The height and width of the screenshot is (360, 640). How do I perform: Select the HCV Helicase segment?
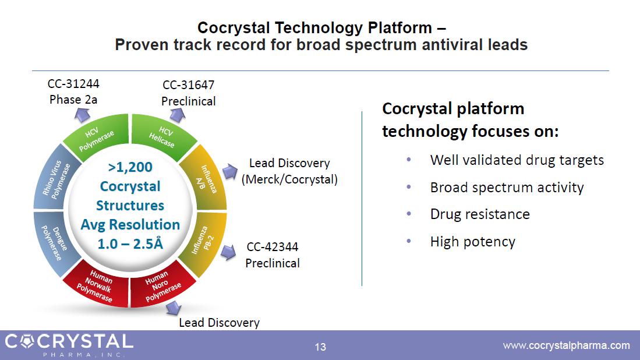(162, 137)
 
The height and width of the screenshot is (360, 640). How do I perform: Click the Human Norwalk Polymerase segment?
(97, 285)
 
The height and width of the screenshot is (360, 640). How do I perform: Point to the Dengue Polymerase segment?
(52, 243)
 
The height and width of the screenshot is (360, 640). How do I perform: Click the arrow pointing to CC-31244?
(82, 115)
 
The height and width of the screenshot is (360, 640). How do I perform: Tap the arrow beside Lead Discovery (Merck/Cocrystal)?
(230, 171)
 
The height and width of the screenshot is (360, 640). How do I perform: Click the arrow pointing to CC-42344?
(228, 252)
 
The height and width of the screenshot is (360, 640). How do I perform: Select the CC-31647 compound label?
(188, 85)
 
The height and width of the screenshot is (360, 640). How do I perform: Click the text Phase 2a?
(73, 100)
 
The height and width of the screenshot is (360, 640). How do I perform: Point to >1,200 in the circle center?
(130, 167)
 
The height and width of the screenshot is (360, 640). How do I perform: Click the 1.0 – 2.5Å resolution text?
(130, 243)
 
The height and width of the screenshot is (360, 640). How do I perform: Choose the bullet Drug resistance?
(480, 214)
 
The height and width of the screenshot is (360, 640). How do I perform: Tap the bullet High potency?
(473, 242)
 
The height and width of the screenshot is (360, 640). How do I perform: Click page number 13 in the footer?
(320, 347)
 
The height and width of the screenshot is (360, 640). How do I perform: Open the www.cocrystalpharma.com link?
(567, 345)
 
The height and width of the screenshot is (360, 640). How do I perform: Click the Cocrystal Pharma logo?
(69, 345)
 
